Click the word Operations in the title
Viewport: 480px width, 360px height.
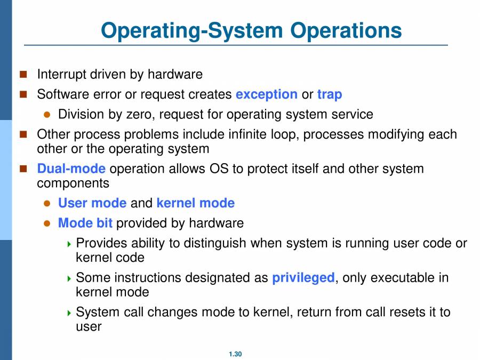[x=346, y=30]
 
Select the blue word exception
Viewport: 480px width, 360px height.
[x=266, y=94]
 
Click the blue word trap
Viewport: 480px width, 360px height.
[x=330, y=94]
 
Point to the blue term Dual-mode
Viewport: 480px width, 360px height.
[x=71, y=169]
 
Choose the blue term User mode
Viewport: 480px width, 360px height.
[x=92, y=203]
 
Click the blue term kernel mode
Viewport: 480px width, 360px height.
[x=195, y=203]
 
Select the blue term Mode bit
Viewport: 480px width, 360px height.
[x=85, y=223]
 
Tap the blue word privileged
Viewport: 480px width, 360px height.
[x=303, y=278]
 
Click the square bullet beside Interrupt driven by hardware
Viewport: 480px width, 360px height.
[x=23, y=74]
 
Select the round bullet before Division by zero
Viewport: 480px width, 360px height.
[x=47, y=115]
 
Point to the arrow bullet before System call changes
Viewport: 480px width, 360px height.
[x=69, y=313]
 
